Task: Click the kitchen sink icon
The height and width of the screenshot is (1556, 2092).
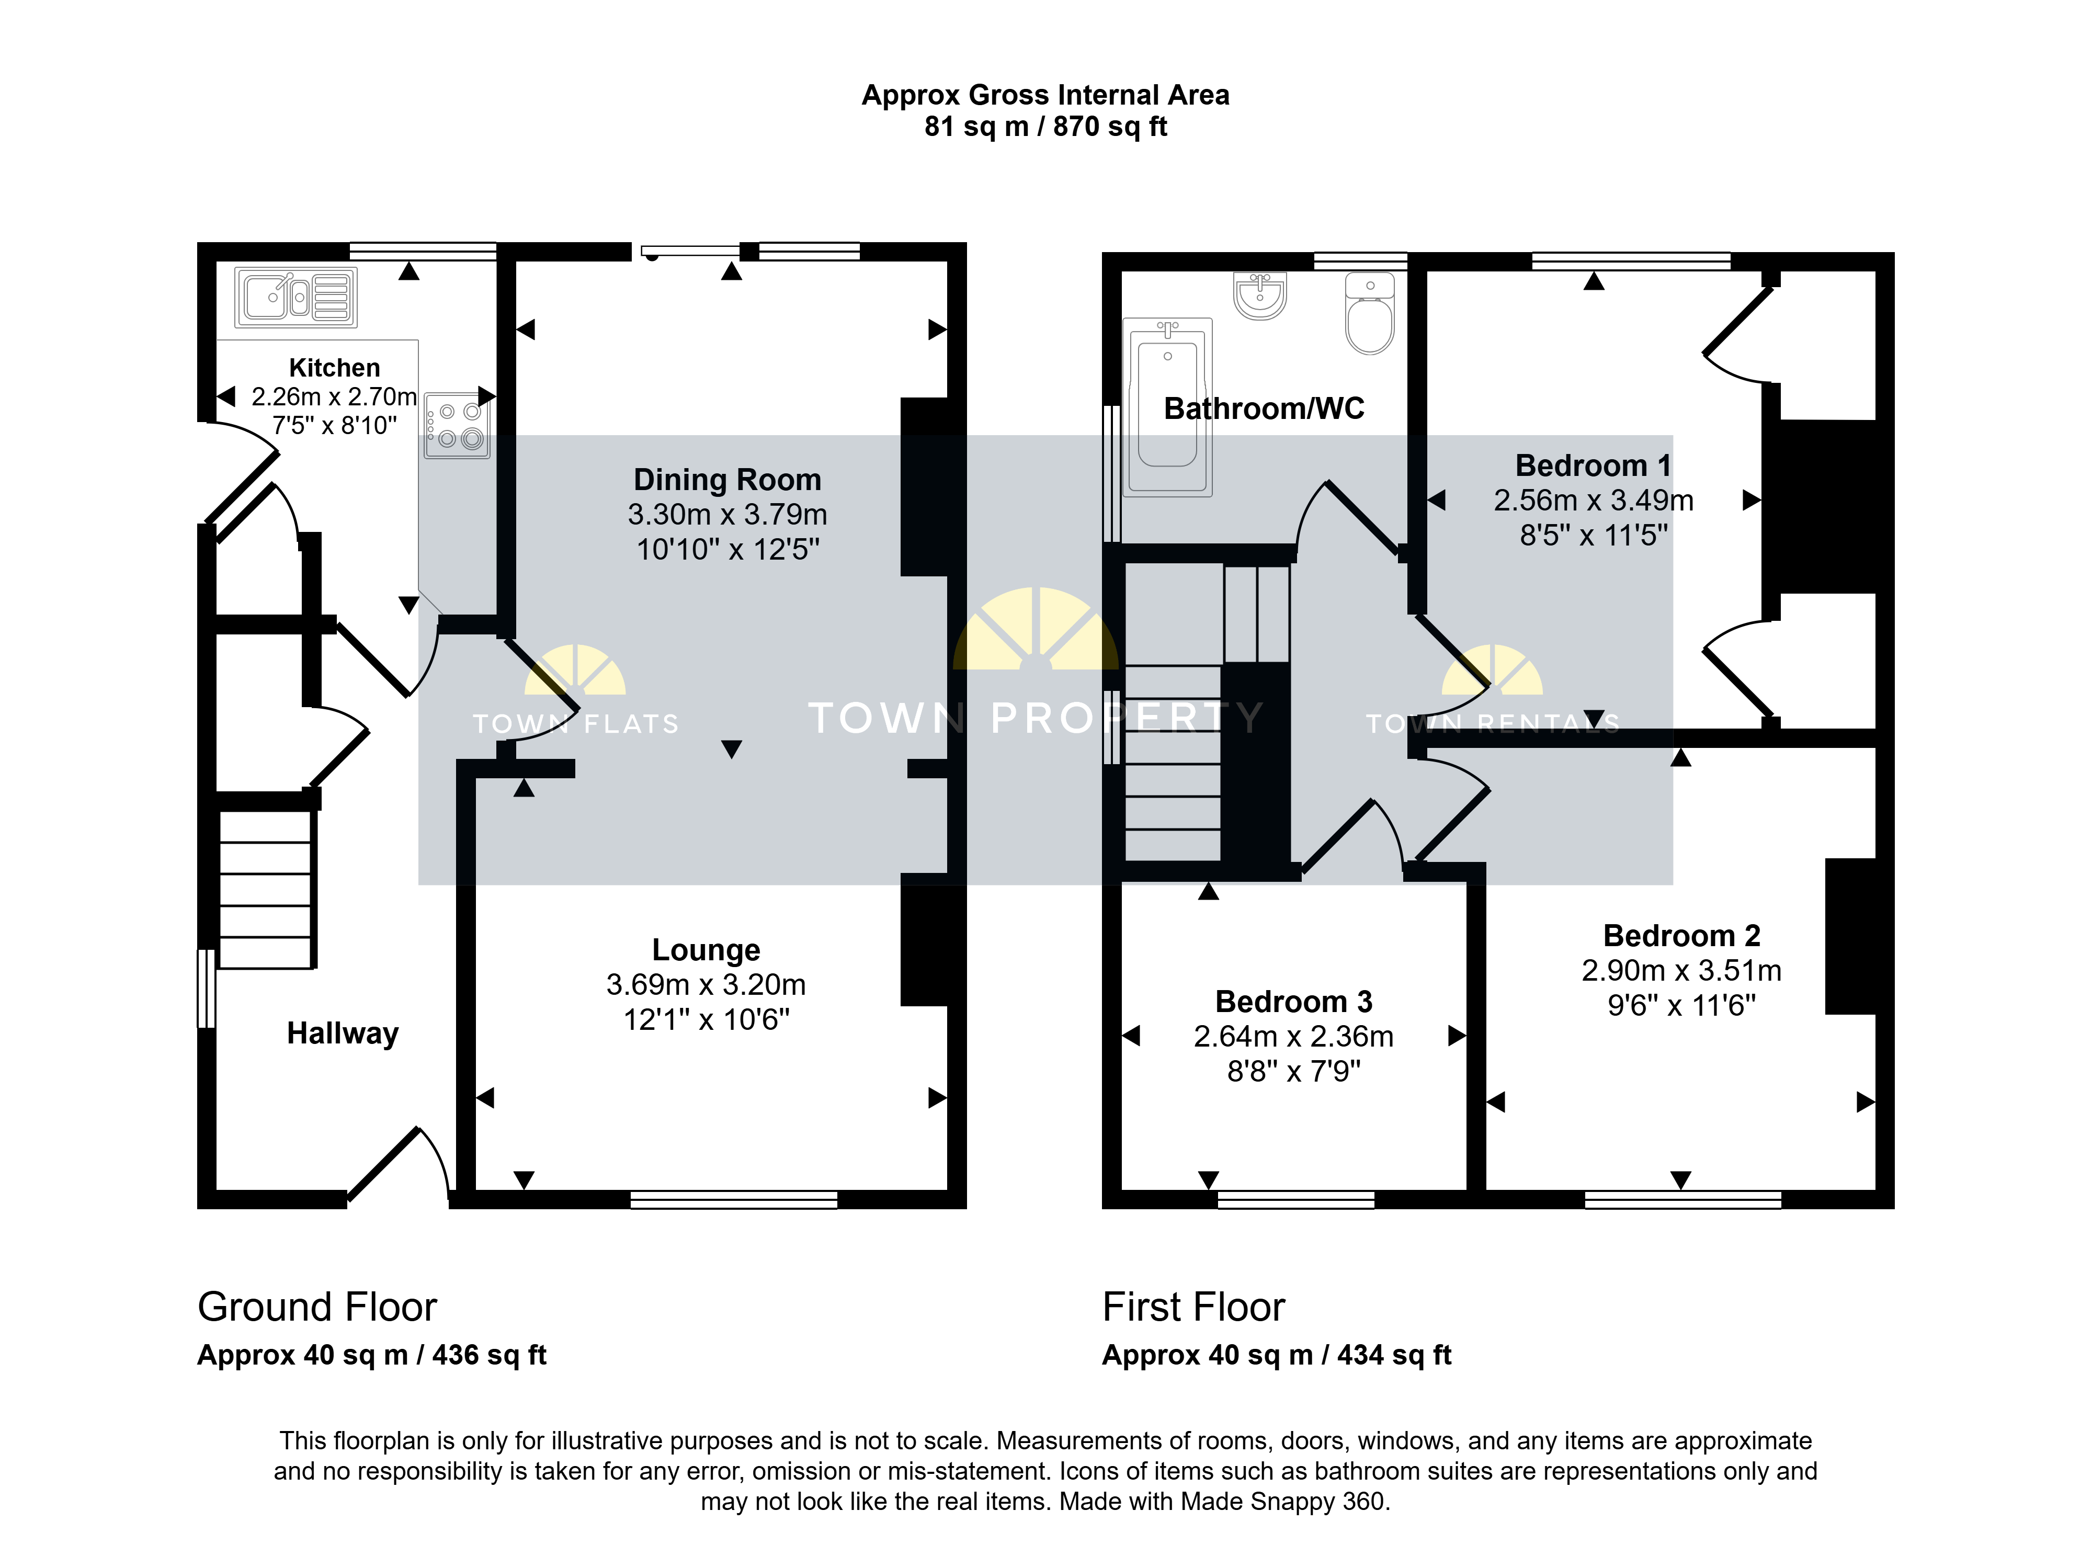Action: pos(296,298)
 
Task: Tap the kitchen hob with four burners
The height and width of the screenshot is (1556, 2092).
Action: pos(457,426)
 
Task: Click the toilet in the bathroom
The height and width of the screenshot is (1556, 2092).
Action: pos(1370,313)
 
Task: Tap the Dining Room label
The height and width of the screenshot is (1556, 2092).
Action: pos(727,480)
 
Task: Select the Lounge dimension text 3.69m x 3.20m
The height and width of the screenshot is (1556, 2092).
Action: pos(707,984)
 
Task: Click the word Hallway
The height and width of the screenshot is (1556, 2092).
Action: pos(343,1033)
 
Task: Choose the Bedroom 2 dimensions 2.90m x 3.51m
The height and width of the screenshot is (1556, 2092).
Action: pos(1681,970)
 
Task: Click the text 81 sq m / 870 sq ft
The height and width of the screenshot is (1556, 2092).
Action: pos(1045,126)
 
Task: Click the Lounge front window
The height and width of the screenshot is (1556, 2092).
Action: pos(734,1199)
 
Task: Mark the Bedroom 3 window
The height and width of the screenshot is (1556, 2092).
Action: pos(1296,1199)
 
